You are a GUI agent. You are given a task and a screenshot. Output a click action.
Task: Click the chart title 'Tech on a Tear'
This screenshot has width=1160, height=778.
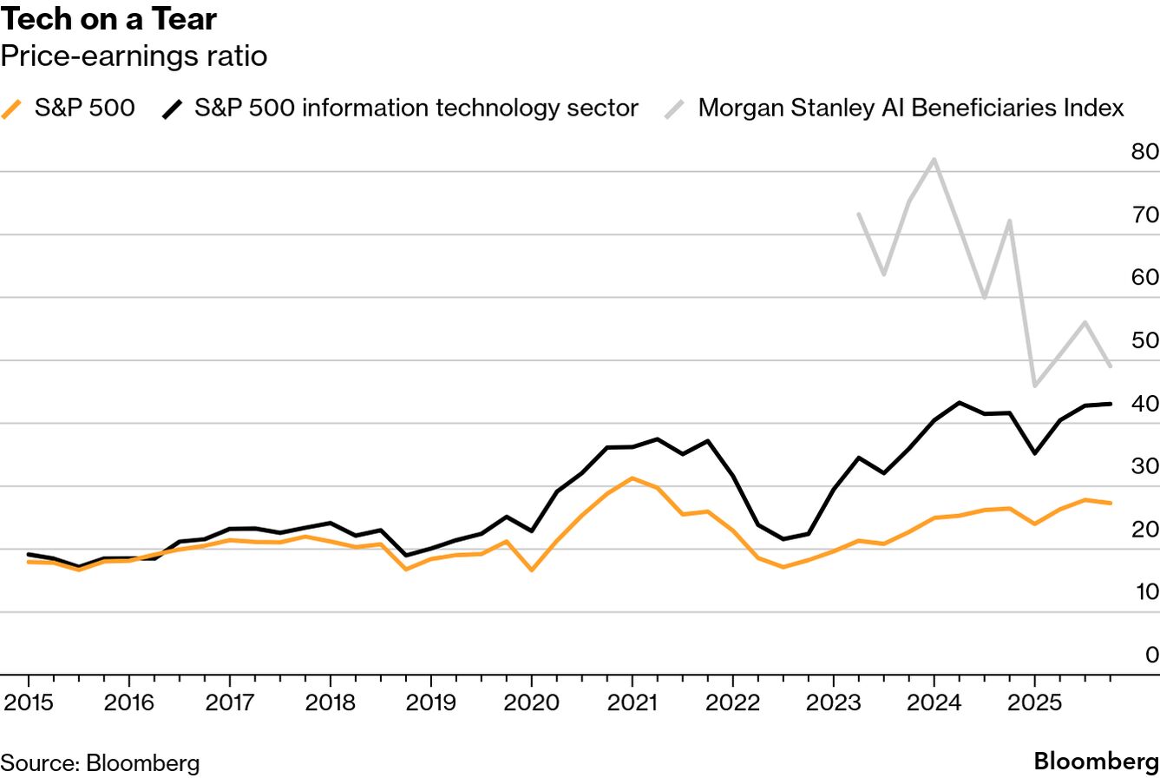[x=109, y=18]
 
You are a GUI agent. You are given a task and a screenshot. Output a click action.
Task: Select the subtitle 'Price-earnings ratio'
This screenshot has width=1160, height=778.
[x=134, y=56]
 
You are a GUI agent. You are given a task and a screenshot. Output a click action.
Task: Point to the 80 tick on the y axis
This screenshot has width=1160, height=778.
[x=1144, y=152]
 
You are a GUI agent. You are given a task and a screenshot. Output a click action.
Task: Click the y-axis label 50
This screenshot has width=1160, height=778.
[x=1144, y=340]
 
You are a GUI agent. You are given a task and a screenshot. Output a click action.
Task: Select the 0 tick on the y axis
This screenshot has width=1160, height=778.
[x=1151, y=655]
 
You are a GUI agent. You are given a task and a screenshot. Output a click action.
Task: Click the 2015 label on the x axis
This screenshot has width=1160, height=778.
[x=28, y=702]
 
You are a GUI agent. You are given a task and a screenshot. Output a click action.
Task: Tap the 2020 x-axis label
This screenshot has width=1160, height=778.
[x=531, y=702]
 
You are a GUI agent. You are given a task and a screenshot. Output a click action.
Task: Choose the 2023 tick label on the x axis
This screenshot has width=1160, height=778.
[x=833, y=702]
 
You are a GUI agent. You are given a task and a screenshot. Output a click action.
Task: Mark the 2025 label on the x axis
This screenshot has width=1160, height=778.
[x=1034, y=702]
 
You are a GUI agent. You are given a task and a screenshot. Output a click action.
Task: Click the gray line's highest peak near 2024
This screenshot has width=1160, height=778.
[x=934, y=159]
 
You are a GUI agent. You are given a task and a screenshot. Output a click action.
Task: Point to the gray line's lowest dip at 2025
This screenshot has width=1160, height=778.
[x=1034, y=386]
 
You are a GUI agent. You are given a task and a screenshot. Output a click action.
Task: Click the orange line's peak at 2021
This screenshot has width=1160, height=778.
[x=632, y=478]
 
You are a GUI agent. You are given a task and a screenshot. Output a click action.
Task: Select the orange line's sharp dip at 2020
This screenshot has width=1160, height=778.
[x=531, y=570]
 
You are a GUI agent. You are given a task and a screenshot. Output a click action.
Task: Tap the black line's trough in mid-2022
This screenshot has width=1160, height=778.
[x=783, y=539]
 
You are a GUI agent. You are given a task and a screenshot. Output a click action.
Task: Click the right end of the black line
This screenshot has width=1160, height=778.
[x=1111, y=404]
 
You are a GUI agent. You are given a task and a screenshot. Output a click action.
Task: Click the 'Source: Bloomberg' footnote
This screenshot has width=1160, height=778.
[x=100, y=763]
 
